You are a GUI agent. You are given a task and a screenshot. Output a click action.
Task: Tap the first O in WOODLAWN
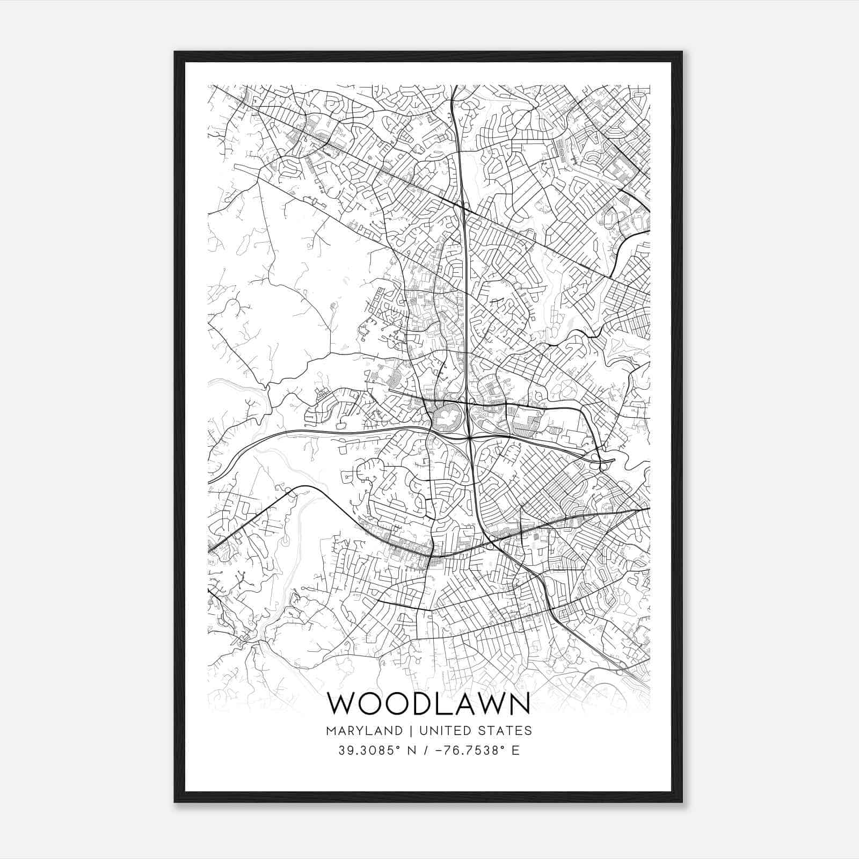point(369,704)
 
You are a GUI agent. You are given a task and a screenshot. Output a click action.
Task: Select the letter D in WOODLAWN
point(424,704)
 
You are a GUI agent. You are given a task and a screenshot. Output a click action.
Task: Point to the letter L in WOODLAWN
point(447,704)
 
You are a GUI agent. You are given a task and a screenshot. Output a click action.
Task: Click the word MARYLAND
point(364,731)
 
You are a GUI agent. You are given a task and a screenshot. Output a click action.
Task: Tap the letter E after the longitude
point(516,751)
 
